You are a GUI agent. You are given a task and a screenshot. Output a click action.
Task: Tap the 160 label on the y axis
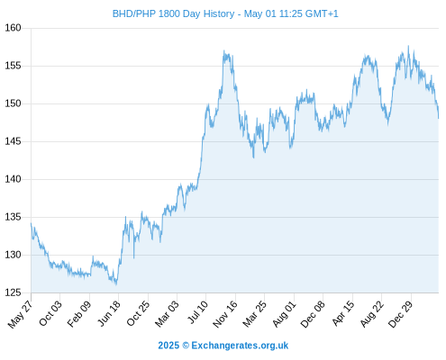[13, 28]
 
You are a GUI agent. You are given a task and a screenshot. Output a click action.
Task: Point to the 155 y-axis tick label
[13, 66]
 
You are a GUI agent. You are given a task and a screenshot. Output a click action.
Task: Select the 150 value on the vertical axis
[13, 103]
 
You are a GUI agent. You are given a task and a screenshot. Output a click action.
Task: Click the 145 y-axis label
[13, 141]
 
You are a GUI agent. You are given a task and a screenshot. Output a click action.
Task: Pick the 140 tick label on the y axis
[13, 179]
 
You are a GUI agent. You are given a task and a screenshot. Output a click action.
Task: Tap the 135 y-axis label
[13, 217]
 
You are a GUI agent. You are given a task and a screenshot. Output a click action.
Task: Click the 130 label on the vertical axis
[13, 255]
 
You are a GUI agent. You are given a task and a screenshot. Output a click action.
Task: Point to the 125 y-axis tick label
[13, 292]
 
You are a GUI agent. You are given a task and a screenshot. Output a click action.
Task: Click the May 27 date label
[20, 314]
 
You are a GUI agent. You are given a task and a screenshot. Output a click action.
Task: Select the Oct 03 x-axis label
[50, 313]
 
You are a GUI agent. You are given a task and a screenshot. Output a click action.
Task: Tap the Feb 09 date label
[78, 313]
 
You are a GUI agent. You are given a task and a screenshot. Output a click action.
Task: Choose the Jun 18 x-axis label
[109, 313]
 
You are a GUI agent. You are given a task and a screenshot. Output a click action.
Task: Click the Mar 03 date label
[167, 313]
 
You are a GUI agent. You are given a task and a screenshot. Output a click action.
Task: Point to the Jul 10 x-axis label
[197, 312]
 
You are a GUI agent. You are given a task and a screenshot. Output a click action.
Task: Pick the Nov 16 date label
[225, 314]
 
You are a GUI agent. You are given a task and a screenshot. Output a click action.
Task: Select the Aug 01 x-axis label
[284, 313]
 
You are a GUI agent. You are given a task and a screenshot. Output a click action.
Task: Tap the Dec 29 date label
[401, 314]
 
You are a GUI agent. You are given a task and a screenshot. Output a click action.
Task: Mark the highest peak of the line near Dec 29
[408, 46]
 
